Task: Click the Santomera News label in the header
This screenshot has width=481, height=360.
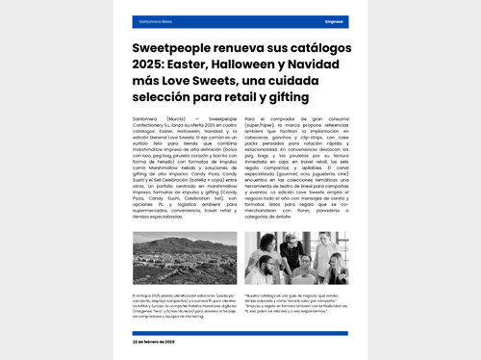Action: click(155, 20)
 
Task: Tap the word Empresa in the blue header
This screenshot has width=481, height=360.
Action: click(334, 20)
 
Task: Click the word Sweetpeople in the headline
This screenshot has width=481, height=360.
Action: click(174, 47)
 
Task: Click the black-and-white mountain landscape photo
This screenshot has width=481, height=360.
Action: click(187, 259)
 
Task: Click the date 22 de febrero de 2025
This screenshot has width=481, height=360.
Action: click(154, 342)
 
